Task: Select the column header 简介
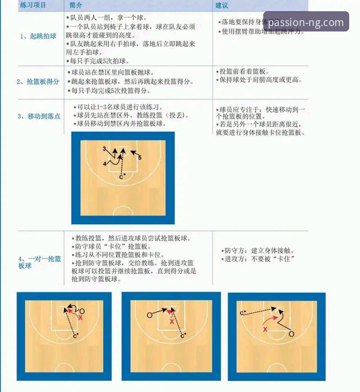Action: coord(76,5)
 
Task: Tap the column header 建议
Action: coord(222,5)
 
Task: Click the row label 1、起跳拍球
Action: coord(38,36)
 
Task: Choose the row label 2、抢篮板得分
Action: coord(38,81)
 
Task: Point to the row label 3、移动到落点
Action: coord(39,116)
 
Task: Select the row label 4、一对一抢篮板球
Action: coord(40,262)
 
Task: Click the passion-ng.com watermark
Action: coord(306,22)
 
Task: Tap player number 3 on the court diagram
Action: coord(104,148)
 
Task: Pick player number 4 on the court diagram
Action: coord(104,164)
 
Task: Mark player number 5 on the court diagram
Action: coord(140,158)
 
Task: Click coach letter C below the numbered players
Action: coord(121,177)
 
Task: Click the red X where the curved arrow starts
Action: coord(265,330)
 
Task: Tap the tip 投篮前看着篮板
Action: coord(245,72)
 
